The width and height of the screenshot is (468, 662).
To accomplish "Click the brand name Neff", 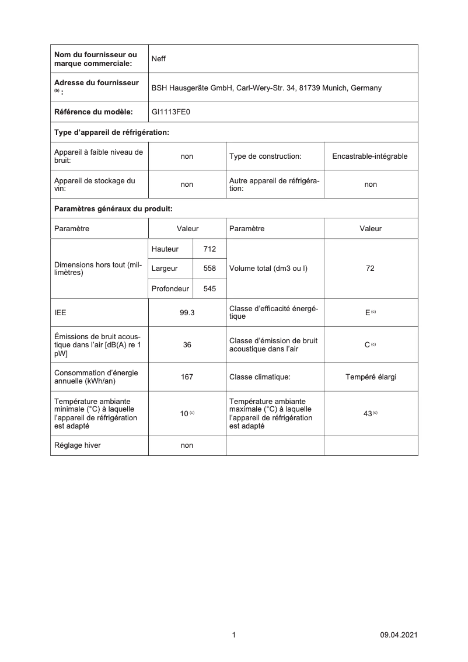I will point(159,58).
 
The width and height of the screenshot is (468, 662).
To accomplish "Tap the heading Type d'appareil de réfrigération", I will point(111,133).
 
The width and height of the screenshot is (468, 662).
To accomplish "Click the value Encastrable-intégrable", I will point(370,156).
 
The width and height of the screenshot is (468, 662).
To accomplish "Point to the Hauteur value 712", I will point(209,249).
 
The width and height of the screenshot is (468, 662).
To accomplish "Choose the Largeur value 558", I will point(209,269).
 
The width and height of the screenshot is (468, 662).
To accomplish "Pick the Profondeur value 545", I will point(209,288).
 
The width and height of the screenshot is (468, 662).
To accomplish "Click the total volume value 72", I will point(370,269).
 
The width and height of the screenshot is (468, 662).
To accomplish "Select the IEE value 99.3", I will point(187,312).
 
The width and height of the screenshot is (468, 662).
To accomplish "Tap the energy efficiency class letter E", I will point(368,312).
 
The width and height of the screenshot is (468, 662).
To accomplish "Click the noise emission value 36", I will point(187,344).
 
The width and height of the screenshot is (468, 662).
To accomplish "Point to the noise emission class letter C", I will point(368,344).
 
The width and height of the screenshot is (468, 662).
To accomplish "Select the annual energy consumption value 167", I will point(187,377).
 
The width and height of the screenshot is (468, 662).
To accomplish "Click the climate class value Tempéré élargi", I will point(371,377).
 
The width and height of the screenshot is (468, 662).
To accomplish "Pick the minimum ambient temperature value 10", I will point(184,413).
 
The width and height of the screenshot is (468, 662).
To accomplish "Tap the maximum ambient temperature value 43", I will point(368,413).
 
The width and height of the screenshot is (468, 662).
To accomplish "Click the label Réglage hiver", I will point(77,445).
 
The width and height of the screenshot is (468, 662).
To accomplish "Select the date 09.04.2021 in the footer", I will point(398,635).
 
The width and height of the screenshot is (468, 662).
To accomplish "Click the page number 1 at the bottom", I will point(233,635).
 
